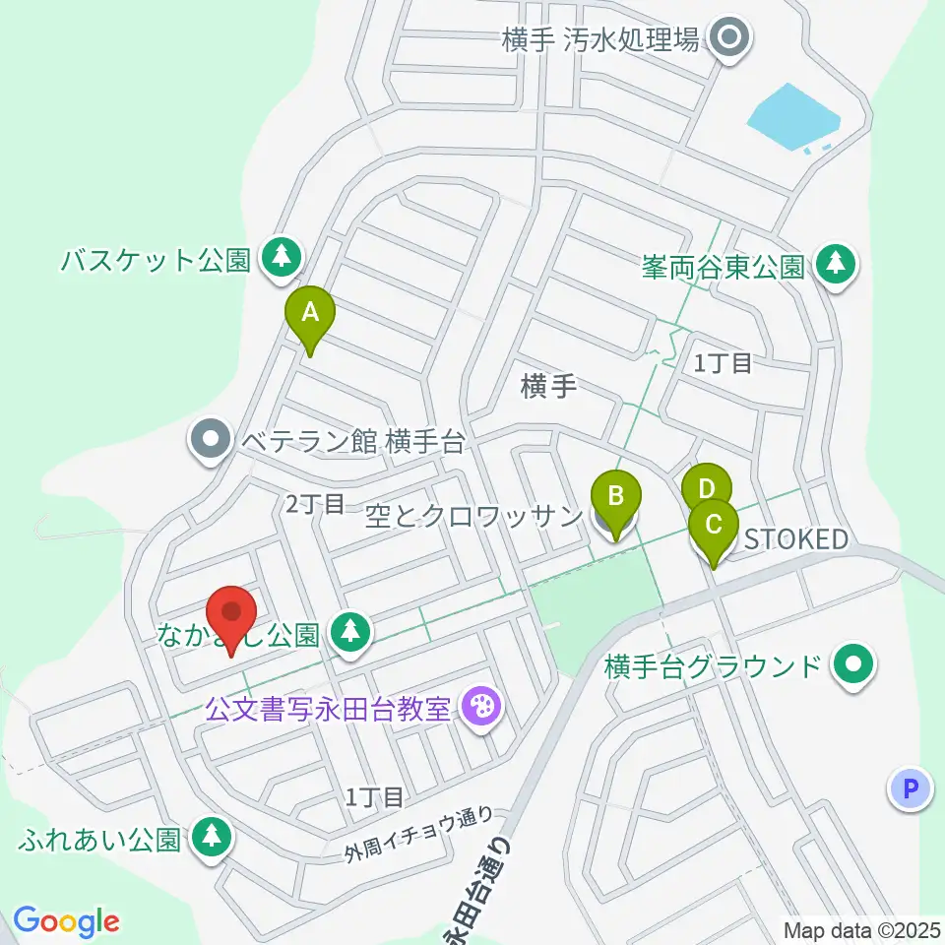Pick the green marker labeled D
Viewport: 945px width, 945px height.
[706, 487]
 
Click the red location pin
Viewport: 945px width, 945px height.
[232, 614]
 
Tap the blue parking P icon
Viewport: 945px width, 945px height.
[911, 787]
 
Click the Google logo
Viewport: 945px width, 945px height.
[66, 921]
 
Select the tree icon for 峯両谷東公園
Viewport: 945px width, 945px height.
[836, 264]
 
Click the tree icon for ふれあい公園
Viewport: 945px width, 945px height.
[210, 838]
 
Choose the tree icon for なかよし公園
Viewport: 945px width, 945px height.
[349, 630]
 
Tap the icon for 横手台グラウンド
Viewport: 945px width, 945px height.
[853, 666]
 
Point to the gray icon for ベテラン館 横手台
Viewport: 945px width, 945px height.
[209, 440]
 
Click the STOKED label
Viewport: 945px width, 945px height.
[795, 539]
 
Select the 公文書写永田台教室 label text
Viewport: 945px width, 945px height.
[328, 709]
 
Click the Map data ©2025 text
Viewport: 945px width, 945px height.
[861, 928]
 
